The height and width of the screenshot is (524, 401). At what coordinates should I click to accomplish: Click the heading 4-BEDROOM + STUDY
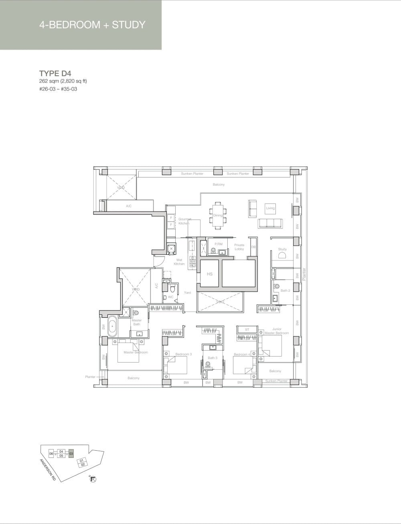click(92, 25)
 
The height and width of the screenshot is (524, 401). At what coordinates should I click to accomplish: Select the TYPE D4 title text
click(55, 73)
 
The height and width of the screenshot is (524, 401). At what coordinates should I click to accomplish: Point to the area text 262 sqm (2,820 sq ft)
click(63, 81)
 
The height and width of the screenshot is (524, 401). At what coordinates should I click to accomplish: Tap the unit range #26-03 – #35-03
click(58, 89)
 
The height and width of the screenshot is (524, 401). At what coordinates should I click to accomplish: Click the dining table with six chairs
click(218, 216)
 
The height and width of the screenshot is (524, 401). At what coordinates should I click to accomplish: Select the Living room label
click(270, 208)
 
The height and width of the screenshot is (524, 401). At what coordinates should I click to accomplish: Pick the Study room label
click(282, 249)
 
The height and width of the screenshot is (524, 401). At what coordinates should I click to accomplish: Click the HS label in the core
click(209, 274)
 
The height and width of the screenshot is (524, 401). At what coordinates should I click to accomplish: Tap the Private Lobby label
click(239, 247)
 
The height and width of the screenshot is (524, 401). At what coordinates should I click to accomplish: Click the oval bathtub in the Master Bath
click(112, 326)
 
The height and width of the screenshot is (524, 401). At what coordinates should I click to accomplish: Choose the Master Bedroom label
click(136, 353)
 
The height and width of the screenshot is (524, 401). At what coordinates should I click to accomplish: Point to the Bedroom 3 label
click(183, 354)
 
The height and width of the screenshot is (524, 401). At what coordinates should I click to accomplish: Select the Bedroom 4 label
click(242, 355)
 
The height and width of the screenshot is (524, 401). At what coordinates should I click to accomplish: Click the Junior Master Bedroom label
click(277, 331)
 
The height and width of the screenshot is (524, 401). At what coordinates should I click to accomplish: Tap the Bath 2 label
click(285, 290)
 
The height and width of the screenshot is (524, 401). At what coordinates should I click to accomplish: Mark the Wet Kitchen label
click(179, 262)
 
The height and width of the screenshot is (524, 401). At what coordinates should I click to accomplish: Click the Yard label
click(187, 293)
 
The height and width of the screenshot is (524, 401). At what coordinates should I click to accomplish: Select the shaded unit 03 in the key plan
click(71, 454)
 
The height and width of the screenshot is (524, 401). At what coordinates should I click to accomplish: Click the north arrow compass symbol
click(94, 479)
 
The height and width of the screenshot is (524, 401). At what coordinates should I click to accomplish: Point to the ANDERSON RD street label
click(48, 470)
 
